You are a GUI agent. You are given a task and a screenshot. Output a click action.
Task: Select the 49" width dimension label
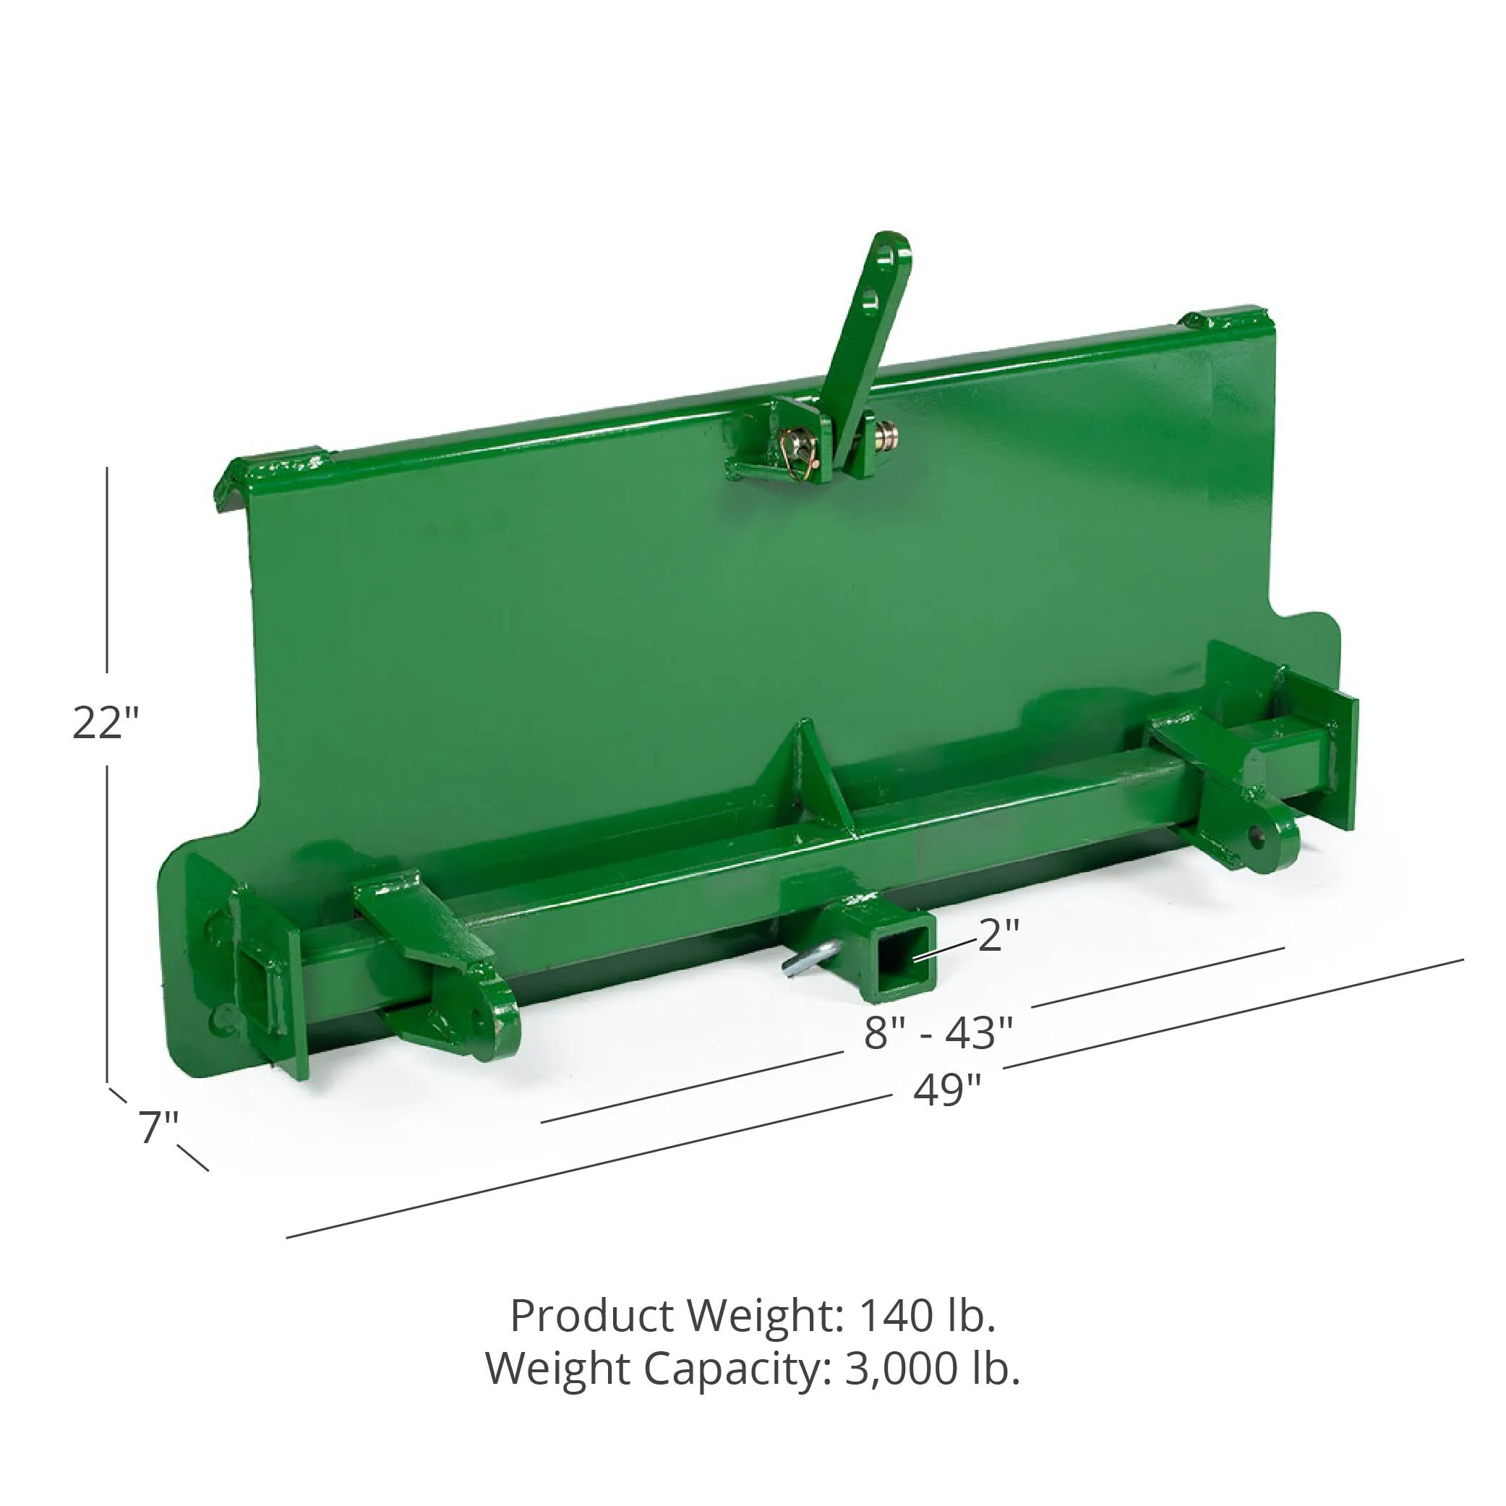(x=947, y=1089)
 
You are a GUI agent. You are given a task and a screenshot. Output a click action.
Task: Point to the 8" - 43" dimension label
(x=938, y=1033)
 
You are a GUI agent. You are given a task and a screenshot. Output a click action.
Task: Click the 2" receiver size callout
(x=998, y=935)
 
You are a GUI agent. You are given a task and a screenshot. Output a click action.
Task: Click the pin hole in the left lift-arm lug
(x=476, y=1017)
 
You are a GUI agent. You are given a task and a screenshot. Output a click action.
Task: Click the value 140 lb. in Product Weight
(x=927, y=1315)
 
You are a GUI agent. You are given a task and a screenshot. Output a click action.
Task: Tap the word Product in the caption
(x=591, y=1315)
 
